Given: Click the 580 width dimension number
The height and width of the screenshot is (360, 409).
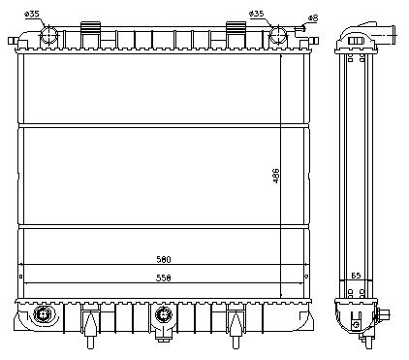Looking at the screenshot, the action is click(164, 259).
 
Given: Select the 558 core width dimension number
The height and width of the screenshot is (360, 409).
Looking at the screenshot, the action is click(164, 278).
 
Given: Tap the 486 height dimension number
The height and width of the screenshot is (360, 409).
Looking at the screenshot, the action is click(276, 176).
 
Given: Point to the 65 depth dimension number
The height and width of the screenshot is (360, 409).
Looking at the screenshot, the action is click(356, 276).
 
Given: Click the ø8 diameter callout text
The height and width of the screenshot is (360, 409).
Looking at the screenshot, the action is click(313, 18).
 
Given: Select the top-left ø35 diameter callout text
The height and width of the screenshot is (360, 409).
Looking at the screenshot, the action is click(32, 15).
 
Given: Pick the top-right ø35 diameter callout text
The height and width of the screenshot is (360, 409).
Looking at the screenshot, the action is click(257, 14).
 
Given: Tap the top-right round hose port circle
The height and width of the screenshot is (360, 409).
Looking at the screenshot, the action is click(277, 35).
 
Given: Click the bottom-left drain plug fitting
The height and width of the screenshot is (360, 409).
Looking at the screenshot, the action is click(43, 313).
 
